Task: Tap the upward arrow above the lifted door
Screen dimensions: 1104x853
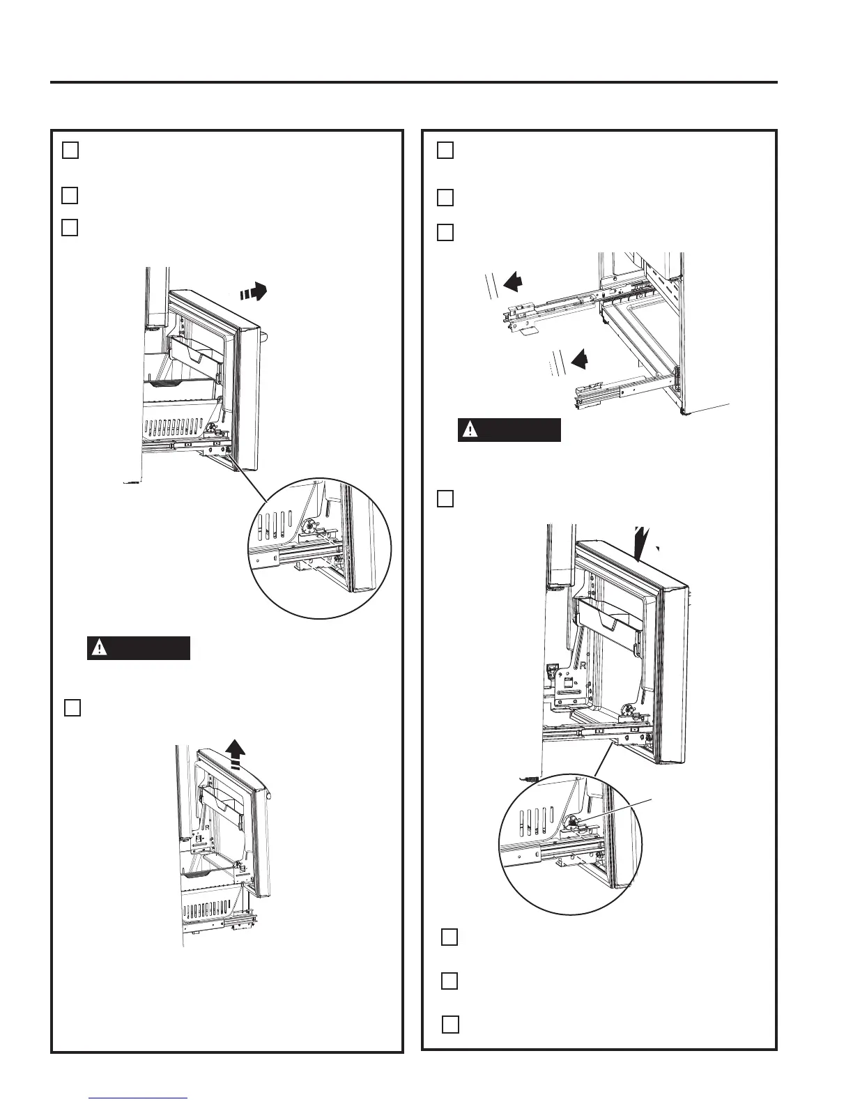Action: click(x=237, y=755)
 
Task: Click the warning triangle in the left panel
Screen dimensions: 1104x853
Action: click(x=101, y=648)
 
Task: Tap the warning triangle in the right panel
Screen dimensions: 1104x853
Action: click(x=472, y=430)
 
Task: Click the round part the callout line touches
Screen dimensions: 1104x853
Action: click(x=571, y=821)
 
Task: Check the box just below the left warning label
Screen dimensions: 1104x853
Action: click(x=72, y=707)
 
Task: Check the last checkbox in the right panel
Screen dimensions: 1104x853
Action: click(x=450, y=1024)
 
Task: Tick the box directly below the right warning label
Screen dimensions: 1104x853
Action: click(x=446, y=498)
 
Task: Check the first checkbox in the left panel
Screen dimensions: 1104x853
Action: click(x=70, y=151)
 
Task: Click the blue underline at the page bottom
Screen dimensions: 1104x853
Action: click(x=139, y=1098)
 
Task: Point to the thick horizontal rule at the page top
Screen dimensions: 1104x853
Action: click(x=413, y=82)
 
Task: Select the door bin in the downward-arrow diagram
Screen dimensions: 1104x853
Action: click(x=609, y=622)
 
